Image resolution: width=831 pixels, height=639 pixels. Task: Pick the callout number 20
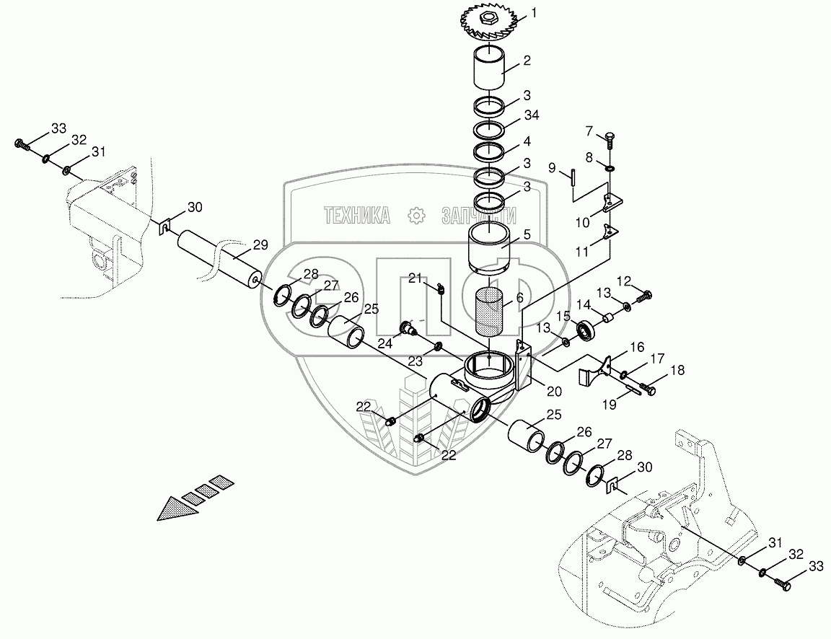click(554, 392)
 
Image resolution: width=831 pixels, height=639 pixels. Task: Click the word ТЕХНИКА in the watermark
click(356, 215)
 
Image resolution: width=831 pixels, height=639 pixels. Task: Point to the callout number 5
click(527, 234)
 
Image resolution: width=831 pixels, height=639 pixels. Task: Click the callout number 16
click(636, 348)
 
